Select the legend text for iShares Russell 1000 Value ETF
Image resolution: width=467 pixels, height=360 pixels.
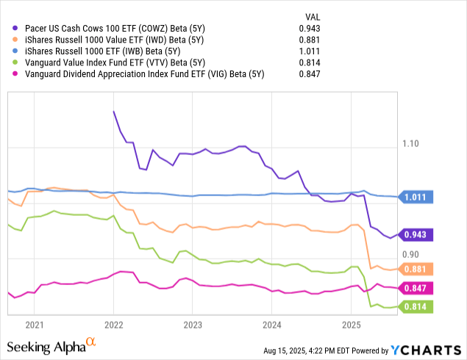[109, 40]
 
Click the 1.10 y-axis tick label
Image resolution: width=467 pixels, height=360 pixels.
[416, 144]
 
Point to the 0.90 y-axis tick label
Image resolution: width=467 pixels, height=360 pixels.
[416, 255]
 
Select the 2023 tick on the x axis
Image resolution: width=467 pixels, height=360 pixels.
[193, 324]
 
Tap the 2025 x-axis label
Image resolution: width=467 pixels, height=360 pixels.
[351, 324]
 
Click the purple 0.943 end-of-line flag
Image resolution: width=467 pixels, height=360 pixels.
[417, 235]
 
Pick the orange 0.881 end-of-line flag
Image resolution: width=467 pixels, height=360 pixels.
[417, 269]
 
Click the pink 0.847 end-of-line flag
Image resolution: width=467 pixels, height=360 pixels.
[417, 287]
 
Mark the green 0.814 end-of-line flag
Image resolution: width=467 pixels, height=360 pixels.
[417, 306]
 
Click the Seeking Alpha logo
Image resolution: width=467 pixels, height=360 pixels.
[51, 345]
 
